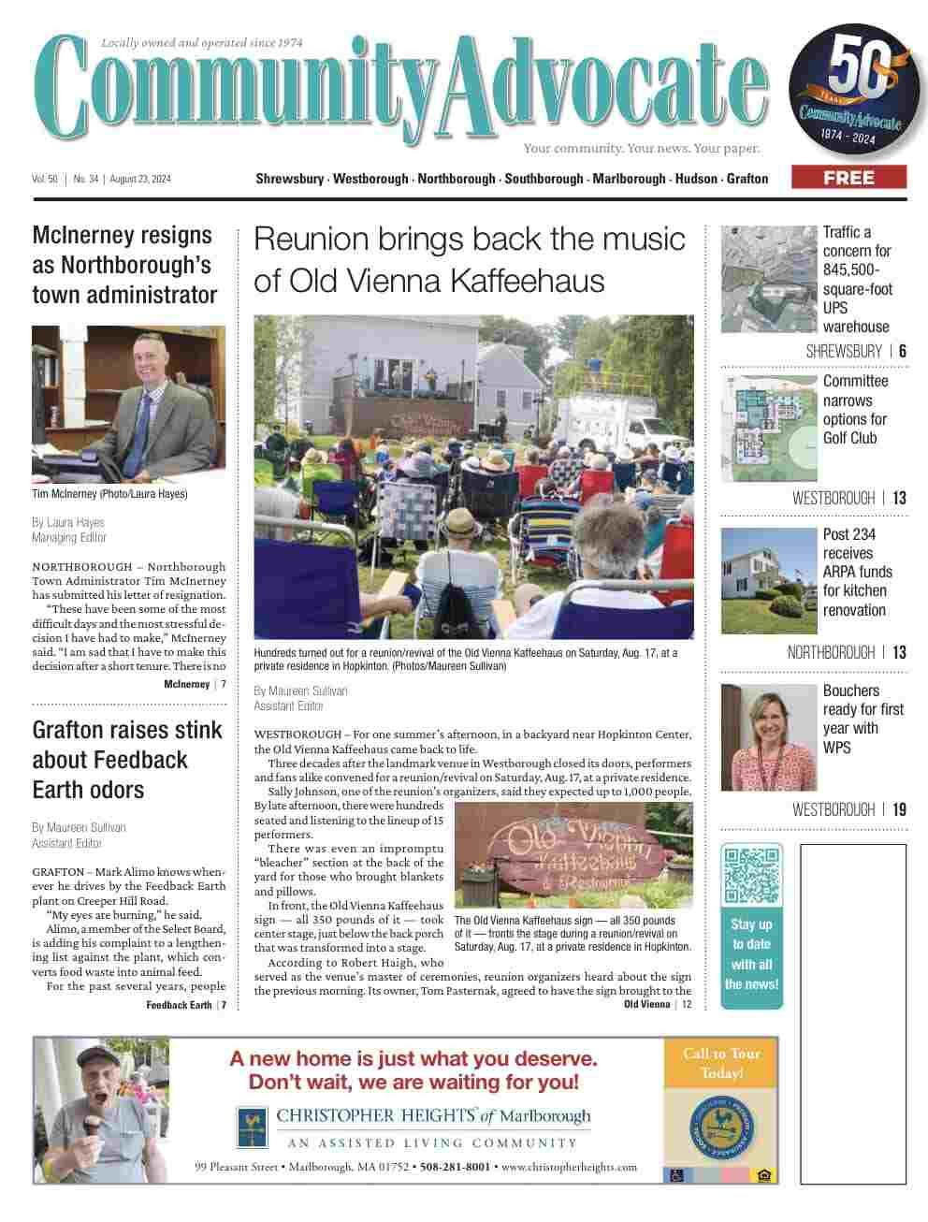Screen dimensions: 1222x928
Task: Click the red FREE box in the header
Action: (848, 178)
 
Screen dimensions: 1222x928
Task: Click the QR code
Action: (752, 875)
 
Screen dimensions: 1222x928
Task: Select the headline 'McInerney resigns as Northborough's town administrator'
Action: (124, 265)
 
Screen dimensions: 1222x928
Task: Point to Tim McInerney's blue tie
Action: (144, 422)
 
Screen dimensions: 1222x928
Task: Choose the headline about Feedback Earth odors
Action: (127, 759)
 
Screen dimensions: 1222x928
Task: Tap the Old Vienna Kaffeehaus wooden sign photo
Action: (573, 855)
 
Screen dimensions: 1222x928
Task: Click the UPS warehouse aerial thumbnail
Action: (769, 279)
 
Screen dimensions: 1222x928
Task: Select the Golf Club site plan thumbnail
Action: (769, 429)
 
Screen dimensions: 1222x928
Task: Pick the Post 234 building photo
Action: (769, 581)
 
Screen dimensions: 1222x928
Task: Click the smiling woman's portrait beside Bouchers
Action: (769, 737)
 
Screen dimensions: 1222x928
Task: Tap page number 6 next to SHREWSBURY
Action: (903, 352)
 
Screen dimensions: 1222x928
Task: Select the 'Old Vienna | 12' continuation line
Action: (658, 1004)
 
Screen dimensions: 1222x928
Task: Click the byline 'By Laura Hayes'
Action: (68, 522)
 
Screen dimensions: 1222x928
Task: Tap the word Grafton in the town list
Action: (747, 179)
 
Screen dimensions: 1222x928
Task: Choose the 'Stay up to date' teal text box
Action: (751, 954)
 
